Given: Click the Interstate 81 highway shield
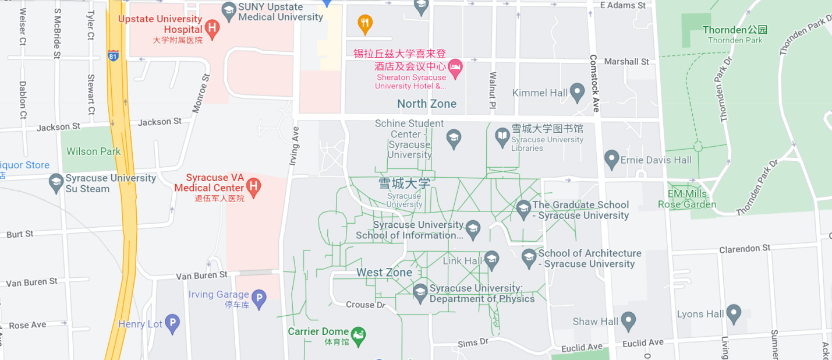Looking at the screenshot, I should click(x=113, y=56).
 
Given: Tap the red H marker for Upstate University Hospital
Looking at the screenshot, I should click(x=213, y=27).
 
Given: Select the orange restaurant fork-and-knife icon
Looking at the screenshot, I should click(x=365, y=23).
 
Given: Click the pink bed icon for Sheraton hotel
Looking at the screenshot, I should click(x=455, y=67).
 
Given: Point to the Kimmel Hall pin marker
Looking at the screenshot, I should click(x=577, y=91).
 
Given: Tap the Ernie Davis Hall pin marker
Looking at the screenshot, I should click(x=611, y=158).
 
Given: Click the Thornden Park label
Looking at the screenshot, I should click(x=735, y=34).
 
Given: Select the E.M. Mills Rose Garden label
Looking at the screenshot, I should click(x=687, y=199).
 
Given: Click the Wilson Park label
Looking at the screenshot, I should click(x=94, y=151).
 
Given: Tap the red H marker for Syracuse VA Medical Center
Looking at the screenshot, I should click(x=253, y=186).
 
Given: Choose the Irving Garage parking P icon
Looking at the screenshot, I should click(x=259, y=299).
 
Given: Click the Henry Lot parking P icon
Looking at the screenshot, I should click(x=172, y=323).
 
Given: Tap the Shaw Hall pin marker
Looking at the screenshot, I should click(x=628, y=320).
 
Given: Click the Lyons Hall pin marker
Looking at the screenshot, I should click(x=734, y=313).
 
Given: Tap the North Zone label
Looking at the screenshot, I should click(x=427, y=104).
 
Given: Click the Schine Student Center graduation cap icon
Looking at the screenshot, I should click(x=454, y=139).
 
